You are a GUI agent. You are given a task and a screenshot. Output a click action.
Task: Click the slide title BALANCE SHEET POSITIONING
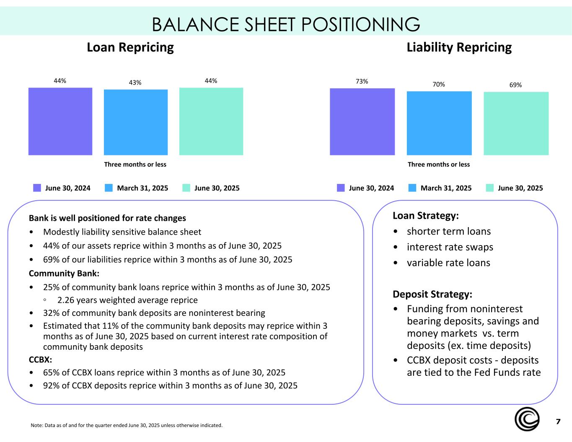(x=286, y=25)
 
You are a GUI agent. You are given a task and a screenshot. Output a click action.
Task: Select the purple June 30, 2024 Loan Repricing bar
(x=60, y=121)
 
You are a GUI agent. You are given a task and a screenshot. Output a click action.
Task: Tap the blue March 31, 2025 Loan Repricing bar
(x=136, y=122)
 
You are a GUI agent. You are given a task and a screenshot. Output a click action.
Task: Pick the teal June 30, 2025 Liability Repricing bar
(x=516, y=123)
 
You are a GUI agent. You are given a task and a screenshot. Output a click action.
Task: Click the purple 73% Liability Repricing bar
(x=362, y=121)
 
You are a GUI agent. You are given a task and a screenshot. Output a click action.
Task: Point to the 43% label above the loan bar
(x=135, y=83)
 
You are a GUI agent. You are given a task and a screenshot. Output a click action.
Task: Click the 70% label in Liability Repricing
(x=439, y=85)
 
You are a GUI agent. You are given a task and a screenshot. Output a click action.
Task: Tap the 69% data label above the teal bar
(x=515, y=85)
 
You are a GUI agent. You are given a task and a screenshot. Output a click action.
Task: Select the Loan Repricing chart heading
(x=130, y=47)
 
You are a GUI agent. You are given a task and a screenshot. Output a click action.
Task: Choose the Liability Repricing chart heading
(x=459, y=47)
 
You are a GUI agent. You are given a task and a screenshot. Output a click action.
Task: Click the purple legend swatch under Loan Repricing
(x=37, y=188)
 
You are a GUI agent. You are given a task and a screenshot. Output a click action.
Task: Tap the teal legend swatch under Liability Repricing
(x=490, y=188)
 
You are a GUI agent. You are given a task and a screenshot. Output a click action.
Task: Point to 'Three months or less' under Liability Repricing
(x=439, y=165)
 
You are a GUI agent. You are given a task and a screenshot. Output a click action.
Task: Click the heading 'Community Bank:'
(x=64, y=274)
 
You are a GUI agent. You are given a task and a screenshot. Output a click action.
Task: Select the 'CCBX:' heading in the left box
(x=40, y=360)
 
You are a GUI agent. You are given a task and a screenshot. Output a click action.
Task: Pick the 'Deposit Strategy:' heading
(x=432, y=294)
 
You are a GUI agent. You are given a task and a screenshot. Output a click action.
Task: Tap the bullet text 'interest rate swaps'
(x=450, y=247)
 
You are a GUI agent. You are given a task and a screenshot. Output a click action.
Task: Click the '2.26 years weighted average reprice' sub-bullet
(x=127, y=300)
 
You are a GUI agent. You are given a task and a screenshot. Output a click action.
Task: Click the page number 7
(x=558, y=421)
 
